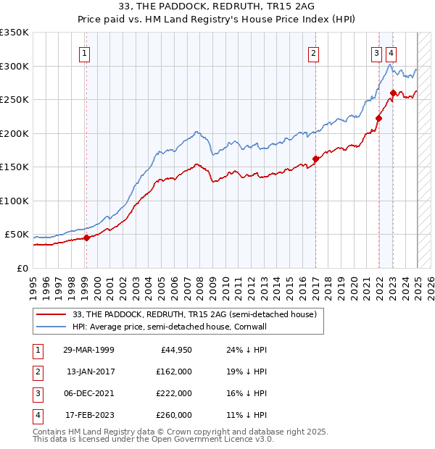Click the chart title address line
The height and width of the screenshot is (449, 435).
pos(217,7)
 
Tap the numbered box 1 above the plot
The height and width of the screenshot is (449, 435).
pos(85,52)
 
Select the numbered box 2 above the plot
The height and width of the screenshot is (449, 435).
pos(313,52)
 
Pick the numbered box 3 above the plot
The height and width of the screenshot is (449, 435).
pos(377,52)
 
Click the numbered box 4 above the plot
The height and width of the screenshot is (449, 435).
pos(391,52)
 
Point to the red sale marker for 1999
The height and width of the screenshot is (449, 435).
pos(86,238)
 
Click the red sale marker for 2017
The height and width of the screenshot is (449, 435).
pos(315,159)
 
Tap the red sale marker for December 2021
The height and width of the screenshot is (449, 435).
pos(378,118)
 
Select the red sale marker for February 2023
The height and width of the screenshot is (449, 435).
pos(393,93)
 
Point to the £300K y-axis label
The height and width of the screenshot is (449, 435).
pos(14,66)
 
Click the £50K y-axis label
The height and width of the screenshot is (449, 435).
pos(17,235)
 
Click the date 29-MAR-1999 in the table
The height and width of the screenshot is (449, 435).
pos(89,350)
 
